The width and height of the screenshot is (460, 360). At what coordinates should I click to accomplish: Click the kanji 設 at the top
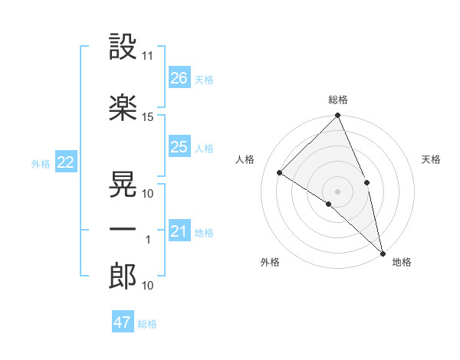coord(123,47)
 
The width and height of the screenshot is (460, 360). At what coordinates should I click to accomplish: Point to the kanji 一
coord(123,230)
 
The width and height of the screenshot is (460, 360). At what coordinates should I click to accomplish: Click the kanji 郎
coord(123,277)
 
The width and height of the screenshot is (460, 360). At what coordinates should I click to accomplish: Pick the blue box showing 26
coord(179,77)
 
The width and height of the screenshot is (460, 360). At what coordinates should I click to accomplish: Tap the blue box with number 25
coord(179,147)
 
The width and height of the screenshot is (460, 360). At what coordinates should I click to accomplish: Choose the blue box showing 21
coord(179,231)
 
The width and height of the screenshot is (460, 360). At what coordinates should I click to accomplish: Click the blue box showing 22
coord(65,162)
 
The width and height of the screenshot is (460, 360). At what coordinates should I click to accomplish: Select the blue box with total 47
coord(123,322)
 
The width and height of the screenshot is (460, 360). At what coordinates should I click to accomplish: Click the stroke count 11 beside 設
coord(148,57)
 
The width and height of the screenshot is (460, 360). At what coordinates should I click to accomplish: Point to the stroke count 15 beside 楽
coord(148,117)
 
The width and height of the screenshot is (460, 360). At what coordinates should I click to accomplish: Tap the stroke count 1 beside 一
coord(148,240)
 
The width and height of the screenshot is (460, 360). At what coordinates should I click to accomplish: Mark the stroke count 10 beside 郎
coord(148,286)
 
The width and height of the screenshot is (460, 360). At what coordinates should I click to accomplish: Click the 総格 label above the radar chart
coord(337,100)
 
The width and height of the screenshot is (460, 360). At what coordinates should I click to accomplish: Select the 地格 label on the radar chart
coord(402,262)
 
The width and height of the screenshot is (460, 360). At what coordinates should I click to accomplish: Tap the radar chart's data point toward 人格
coord(280,173)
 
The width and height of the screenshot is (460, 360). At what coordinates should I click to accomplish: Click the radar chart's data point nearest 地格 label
coord(382,253)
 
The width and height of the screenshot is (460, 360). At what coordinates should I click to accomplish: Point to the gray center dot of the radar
coord(337,191)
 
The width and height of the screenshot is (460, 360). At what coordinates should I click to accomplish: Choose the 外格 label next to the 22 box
coord(40,163)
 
